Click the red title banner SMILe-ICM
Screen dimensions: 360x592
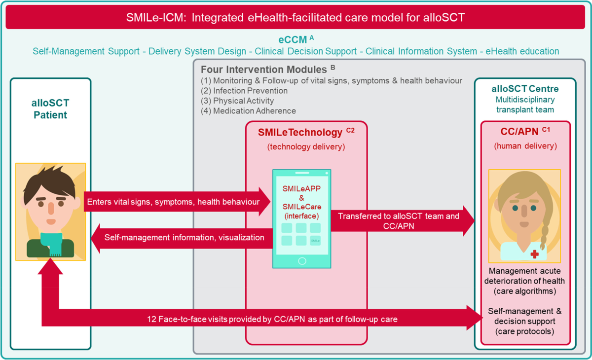(296, 18)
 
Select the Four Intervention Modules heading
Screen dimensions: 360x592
(263, 70)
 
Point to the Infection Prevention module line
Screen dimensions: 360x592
(244, 91)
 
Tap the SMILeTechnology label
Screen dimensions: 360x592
(300, 133)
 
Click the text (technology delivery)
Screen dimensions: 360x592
(306, 147)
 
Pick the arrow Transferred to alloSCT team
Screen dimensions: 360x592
(400, 220)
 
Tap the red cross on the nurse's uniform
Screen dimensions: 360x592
(534, 254)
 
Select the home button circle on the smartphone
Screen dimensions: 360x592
(302, 261)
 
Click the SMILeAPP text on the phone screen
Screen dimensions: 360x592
(301, 189)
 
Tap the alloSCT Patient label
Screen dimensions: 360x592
(50, 109)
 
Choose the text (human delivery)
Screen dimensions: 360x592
(525, 146)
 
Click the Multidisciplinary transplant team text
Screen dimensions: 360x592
(525, 105)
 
